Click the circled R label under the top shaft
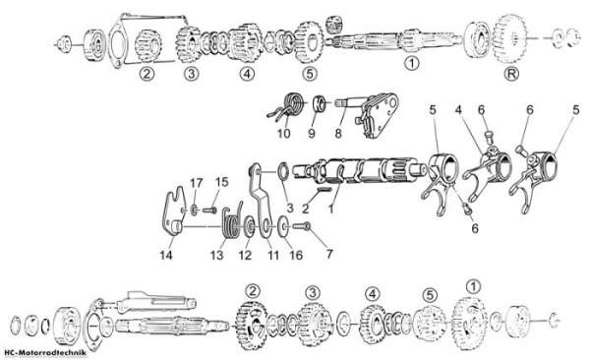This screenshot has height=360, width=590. point(511,73)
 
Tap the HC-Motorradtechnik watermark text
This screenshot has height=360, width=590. point(44,353)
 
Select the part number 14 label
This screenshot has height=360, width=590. point(166,255)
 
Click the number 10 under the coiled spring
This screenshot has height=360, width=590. point(284,134)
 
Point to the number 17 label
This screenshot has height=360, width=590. point(197,183)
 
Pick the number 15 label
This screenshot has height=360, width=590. point(222,182)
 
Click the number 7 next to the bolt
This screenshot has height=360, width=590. point(329,254)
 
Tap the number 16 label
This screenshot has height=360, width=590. point(296,255)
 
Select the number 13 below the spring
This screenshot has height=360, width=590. point(216,255)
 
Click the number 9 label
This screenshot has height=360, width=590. point(312,134)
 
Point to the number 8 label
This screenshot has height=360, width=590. point(338,134)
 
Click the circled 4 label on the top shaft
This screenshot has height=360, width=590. point(247,74)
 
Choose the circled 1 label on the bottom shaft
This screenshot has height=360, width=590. point(473,286)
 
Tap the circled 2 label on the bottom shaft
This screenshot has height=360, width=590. point(253,291)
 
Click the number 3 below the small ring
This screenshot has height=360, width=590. point(290,208)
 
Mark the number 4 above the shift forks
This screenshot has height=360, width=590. point(458,110)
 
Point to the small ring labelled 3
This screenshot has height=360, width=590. point(284,171)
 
